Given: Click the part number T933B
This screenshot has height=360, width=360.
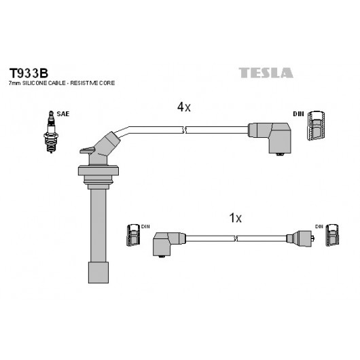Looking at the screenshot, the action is [x=29, y=73].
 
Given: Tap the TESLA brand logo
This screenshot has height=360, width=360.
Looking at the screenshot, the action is [x=266, y=73].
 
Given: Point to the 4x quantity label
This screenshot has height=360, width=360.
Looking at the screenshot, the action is [x=183, y=107].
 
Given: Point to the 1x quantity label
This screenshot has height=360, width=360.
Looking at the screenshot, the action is [x=235, y=217].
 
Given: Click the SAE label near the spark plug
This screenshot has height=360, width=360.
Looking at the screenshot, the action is [x=63, y=114].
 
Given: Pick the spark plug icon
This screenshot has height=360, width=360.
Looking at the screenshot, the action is [x=51, y=132].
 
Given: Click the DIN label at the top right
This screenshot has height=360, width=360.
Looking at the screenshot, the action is [x=298, y=114].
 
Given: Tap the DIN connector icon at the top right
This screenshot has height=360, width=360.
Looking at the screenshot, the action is [x=316, y=126].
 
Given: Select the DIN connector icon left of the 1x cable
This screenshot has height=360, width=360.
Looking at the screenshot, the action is [x=133, y=235].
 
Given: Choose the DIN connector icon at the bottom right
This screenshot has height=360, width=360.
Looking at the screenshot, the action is [x=332, y=234].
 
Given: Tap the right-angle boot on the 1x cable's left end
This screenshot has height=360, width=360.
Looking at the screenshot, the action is [x=168, y=244].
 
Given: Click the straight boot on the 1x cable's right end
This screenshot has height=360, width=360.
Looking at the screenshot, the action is [x=300, y=238].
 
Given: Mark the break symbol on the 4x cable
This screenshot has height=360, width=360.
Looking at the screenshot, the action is [x=184, y=130].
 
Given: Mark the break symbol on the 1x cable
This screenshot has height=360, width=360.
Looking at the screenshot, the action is [x=235, y=238].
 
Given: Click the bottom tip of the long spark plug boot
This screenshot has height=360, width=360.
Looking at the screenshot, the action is [x=98, y=283].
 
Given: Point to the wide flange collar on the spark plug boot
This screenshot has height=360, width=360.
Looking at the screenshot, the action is [x=98, y=170].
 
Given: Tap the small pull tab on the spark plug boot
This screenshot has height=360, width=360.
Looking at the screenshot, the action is [x=87, y=150].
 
